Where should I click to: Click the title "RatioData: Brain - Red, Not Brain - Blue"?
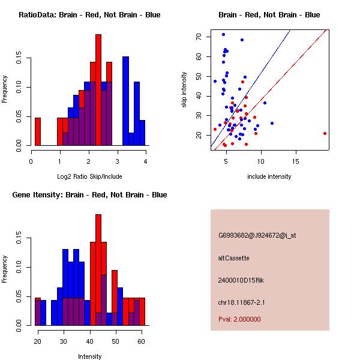89,15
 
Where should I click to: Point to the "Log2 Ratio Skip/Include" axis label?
89,176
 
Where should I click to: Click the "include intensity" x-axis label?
269,176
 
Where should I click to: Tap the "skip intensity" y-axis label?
184,89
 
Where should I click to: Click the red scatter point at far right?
325,133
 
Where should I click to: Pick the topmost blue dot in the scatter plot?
223,34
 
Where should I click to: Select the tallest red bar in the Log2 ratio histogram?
98,90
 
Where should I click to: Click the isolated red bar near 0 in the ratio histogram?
38,132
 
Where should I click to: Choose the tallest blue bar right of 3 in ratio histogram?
125,101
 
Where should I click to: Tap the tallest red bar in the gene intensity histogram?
98,270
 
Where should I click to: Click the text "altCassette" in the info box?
233,258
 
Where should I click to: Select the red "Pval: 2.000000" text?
239,319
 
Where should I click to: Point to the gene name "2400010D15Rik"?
241,280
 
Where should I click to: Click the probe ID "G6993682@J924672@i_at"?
257,236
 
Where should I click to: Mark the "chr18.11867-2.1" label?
241,302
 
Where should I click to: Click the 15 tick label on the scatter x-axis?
296,161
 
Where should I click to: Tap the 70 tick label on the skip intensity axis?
199,37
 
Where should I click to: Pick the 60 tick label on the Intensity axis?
141,341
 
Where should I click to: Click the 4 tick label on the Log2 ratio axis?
146,161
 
